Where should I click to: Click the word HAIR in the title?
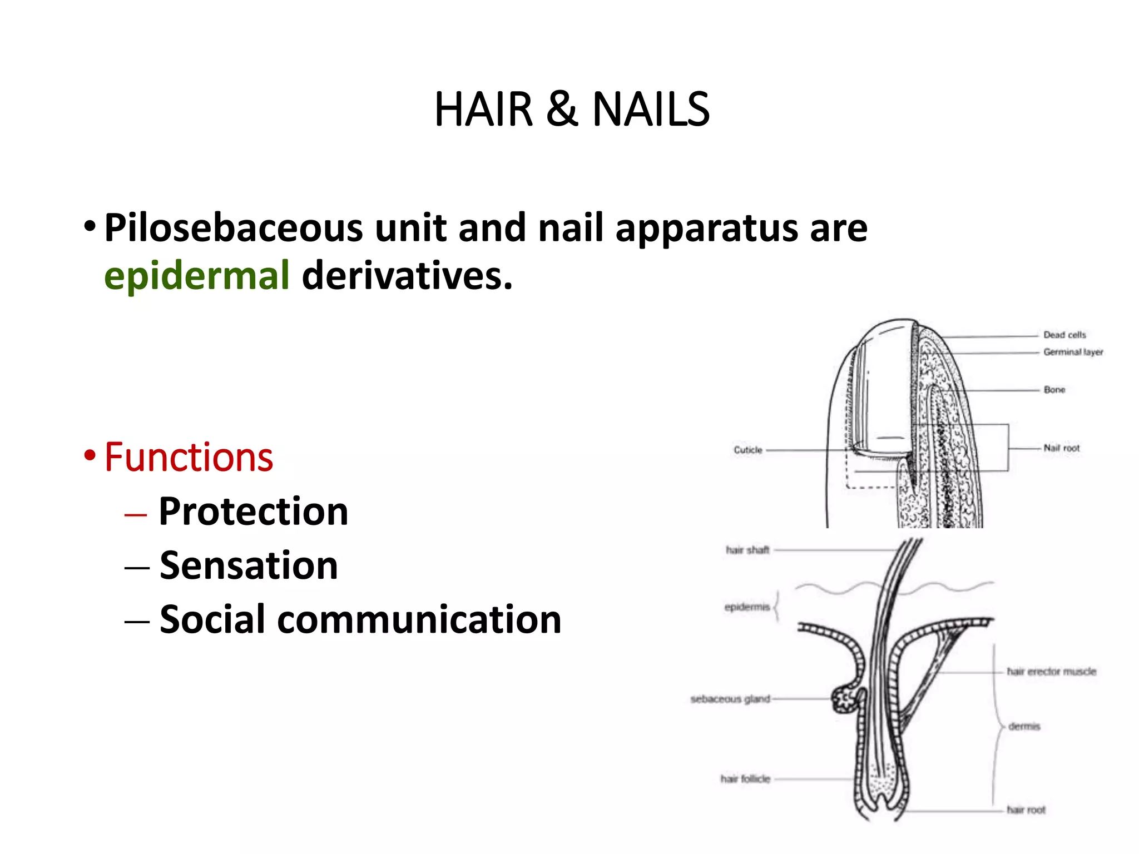pyautogui.click(x=483, y=110)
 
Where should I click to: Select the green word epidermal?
pyautogui.click(x=196, y=276)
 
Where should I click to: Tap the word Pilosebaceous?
pyautogui.click(x=233, y=228)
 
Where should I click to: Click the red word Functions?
pyautogui.click(x=189, y=458)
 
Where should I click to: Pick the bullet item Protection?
pyautogui.click(x=253, y=512)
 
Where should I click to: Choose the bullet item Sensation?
pyautogui.click(x=249, y=565)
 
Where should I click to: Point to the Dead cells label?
pyautogui.click(x=1064, y=335)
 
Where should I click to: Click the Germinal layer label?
pyautogui.click(x=1073, y=352)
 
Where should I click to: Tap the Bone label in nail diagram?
pyautogui.click(x=1054, y=390)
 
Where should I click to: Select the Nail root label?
pyautogui.click(x=1061, y=448)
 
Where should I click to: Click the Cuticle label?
pyautogui.click(x=747, y=450)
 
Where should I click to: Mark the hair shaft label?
pyautogui.click(x=747, y=550)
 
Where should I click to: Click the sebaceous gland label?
pyautogui.click(x=730, y=699)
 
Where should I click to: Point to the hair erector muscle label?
pyautogui.click(x=1051, y=672)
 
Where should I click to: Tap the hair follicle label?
pyautogui.click(x=745, y=779)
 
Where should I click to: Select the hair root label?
pyautogui.click(x=1026, y=810)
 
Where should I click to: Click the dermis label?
pyautogui.click(x=1024, y=727)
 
